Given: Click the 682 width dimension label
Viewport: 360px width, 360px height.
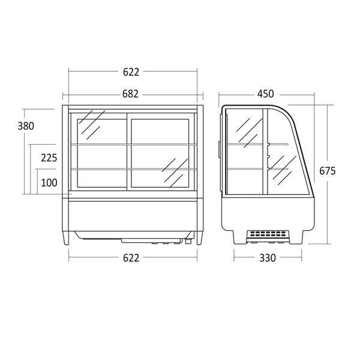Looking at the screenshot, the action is [130, 94].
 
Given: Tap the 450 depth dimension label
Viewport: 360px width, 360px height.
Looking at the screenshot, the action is [266, 94].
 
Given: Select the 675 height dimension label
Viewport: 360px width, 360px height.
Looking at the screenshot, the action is [328, 170].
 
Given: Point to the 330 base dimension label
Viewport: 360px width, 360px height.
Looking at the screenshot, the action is [268, 258].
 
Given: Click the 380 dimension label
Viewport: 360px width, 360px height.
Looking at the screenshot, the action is [26, 126].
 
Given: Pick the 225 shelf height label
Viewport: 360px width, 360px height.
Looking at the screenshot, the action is [49, 158].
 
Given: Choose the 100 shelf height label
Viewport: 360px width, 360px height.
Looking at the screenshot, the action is [49, 183].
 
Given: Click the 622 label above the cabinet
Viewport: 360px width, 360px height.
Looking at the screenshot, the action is [131, 72].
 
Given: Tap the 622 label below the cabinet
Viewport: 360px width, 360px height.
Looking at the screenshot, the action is [131, 258].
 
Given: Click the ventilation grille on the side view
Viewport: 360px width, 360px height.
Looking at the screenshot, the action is [268, 234].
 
